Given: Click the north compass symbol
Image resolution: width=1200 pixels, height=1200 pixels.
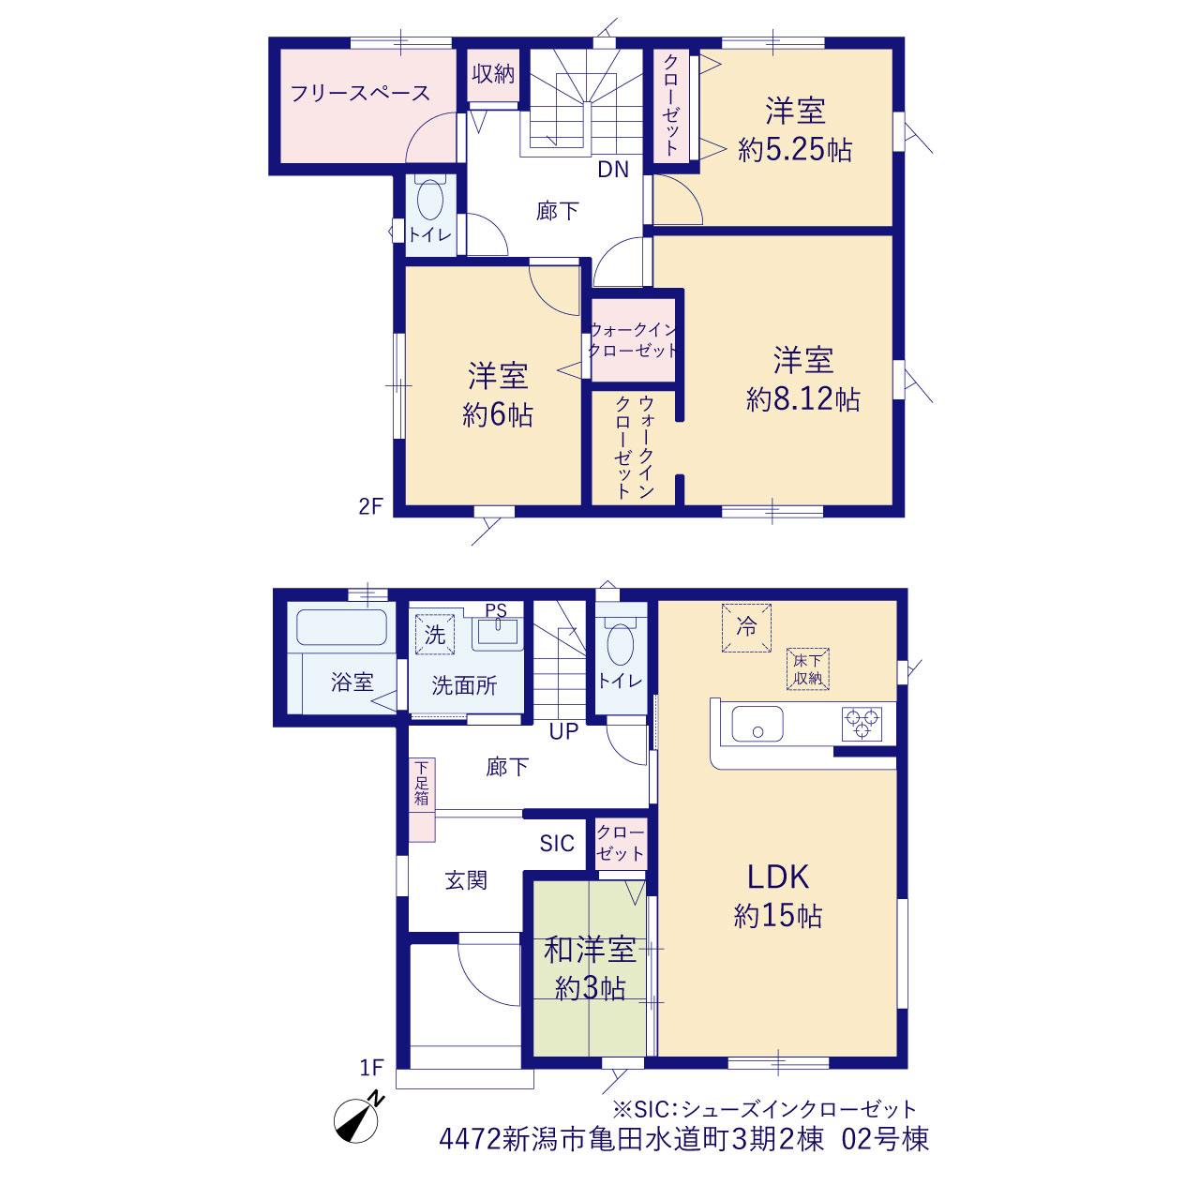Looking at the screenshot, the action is click(357, 1137).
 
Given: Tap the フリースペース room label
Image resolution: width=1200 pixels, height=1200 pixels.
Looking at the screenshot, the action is click(360, 94).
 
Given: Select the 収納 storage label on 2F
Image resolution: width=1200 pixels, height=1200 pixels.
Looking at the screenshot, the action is click(493, 73).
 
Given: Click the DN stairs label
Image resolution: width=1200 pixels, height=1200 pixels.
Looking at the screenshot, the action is click(613, 170).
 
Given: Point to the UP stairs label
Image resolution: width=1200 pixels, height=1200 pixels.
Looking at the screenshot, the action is click(563, 731).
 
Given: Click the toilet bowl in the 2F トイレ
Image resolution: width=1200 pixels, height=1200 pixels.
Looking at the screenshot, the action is click(430, 198).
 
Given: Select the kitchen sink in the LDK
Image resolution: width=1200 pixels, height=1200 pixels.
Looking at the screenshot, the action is click(757, 724).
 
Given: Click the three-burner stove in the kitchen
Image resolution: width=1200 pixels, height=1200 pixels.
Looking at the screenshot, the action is click(862, 723).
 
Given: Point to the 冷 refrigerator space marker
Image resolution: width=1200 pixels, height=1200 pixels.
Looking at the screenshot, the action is click(746, 627).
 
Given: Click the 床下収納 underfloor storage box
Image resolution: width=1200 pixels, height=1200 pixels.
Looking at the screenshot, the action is click(808, 668).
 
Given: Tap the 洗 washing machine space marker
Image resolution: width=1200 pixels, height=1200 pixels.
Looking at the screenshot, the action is click(435, 634).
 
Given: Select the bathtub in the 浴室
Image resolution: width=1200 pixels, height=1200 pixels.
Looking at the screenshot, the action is click(341, 626).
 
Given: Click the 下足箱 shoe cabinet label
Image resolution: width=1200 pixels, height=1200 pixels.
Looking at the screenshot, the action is click(422, 783).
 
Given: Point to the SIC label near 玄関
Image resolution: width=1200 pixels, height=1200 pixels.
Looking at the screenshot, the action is click(557, 843).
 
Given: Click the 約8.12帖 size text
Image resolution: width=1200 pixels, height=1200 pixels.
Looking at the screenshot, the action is click(803, 398).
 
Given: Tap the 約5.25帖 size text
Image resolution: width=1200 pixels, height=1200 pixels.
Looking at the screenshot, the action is click(795, 149).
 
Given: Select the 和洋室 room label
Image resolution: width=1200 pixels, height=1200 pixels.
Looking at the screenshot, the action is click(590, 950).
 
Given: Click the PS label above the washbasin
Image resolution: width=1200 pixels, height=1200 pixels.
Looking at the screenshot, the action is click(496, 610).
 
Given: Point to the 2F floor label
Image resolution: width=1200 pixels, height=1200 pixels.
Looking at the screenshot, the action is click(370, 506).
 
